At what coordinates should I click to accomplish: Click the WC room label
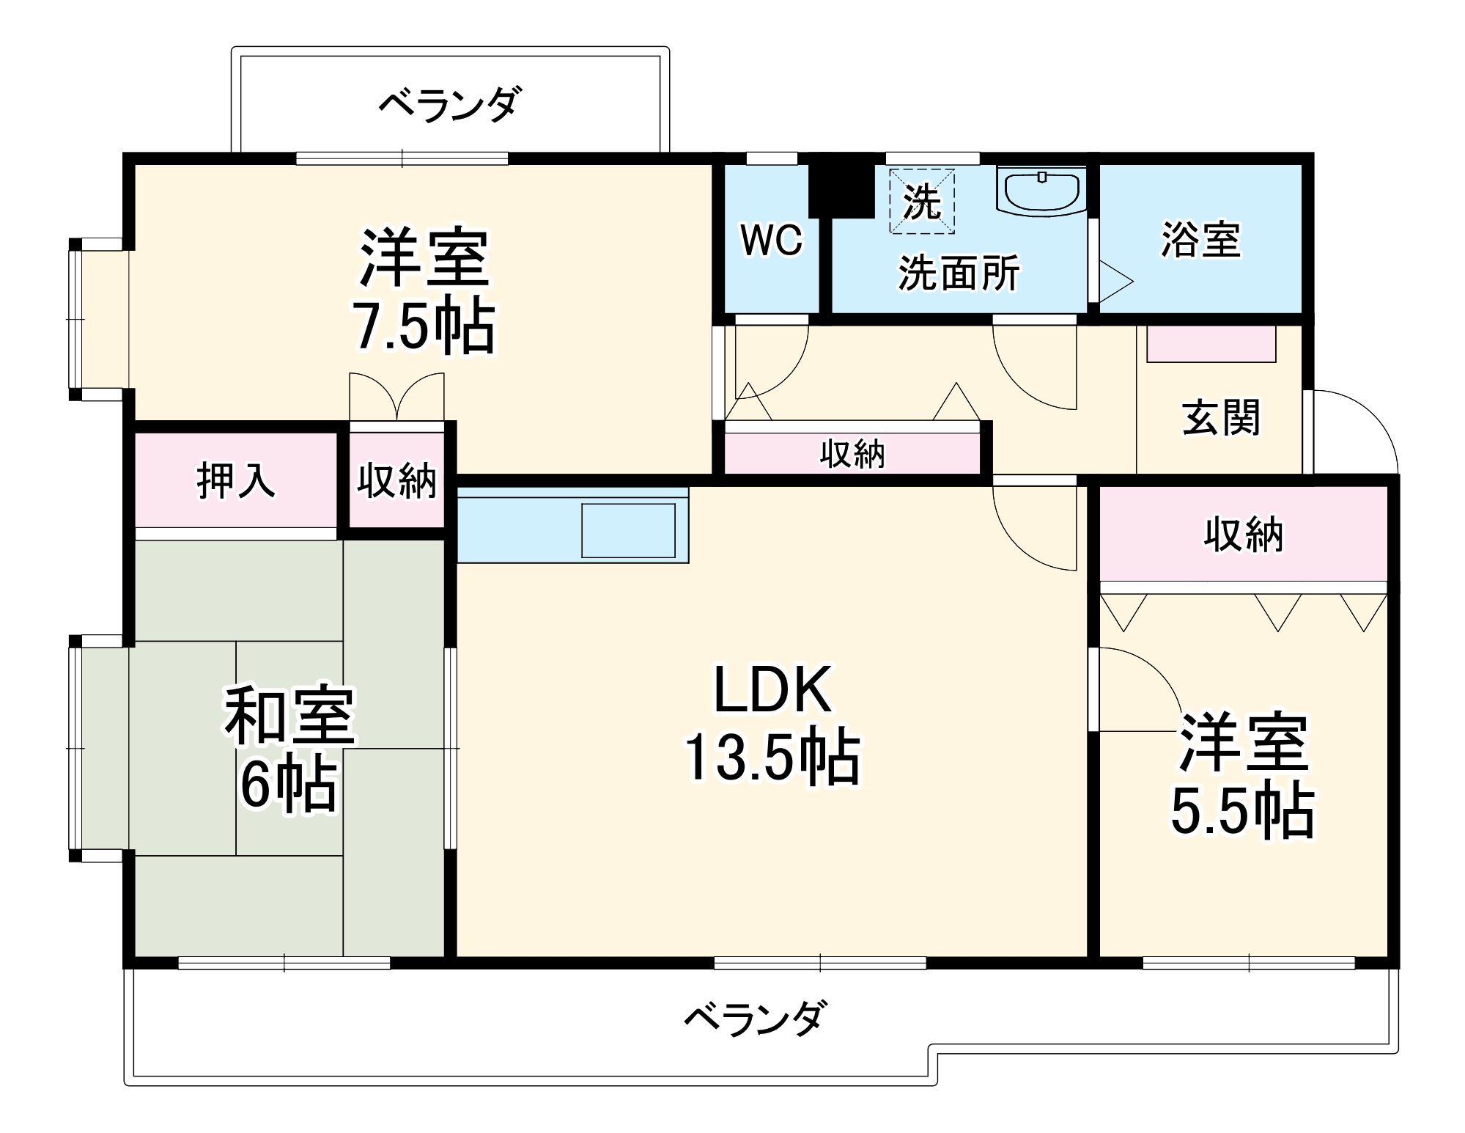click(x=771, y=240)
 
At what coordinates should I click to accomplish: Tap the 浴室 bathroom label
click(x=1200, y=240)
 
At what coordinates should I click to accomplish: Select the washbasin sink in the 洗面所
click(x=1041, y=192)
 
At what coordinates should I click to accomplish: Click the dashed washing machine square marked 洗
click(x=922, y=201)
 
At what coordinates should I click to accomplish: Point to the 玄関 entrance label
click(x=1220, y=418)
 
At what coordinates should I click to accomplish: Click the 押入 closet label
click(x=236, y=481)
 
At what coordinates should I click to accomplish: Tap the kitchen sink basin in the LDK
click(x=628, y=530)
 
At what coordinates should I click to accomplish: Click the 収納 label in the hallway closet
click(x=852, y=455)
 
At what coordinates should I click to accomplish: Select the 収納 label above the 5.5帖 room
click(x=1243, y=535)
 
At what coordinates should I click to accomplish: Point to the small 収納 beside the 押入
click(x=396, y=481)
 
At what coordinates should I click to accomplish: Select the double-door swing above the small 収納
click(x=396, y=397)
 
